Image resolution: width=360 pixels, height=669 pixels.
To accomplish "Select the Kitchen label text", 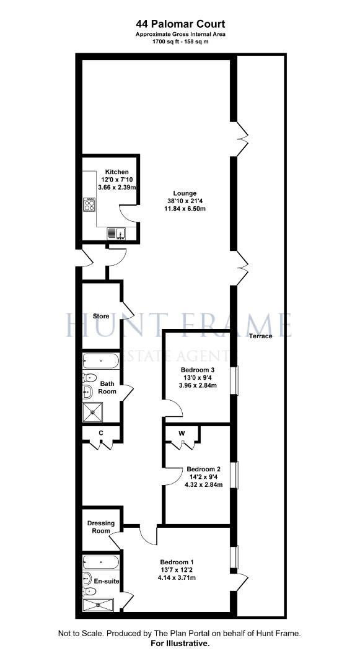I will [116, 172].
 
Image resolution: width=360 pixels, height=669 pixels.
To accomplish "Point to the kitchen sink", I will [115, 233].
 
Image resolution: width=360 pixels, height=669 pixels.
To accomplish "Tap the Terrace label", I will [260, 336].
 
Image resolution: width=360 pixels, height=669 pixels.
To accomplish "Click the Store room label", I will [101, 316].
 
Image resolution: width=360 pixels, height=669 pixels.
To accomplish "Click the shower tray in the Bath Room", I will [95, 412].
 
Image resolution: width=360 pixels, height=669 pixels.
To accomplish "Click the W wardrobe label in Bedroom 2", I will [182, 433].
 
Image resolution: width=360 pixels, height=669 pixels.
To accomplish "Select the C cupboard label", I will [101, 433].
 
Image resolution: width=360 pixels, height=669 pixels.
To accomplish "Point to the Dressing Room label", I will [101, 527].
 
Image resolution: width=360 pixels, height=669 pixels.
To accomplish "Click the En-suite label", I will [107, 581].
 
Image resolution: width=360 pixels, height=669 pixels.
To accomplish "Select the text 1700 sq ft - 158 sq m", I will [180, 42].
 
